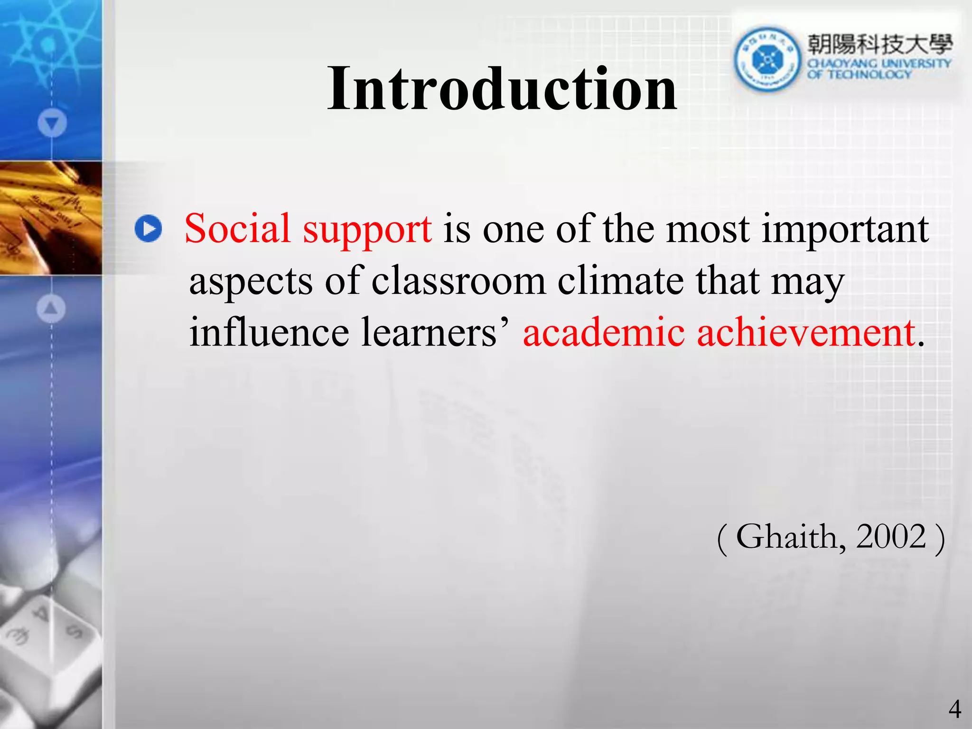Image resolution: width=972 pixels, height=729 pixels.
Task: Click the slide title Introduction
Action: pos(502,89)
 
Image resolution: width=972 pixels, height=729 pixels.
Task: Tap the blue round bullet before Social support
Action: pos(148,229)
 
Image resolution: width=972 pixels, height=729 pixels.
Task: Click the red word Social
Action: pos(237,228)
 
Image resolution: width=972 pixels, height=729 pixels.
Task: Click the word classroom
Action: pos(458,281)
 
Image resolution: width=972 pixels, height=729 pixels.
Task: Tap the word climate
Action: pos(621,281)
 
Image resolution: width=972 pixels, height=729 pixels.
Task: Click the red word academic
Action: pos(604,332)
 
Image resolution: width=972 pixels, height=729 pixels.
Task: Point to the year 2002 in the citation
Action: pos(891,537)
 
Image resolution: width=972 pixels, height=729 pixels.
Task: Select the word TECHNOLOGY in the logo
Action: pos(869,75)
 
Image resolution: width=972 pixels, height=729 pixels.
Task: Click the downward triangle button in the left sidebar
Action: pos(52,123)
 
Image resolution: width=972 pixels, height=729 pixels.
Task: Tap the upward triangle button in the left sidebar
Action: pos(51,308)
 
